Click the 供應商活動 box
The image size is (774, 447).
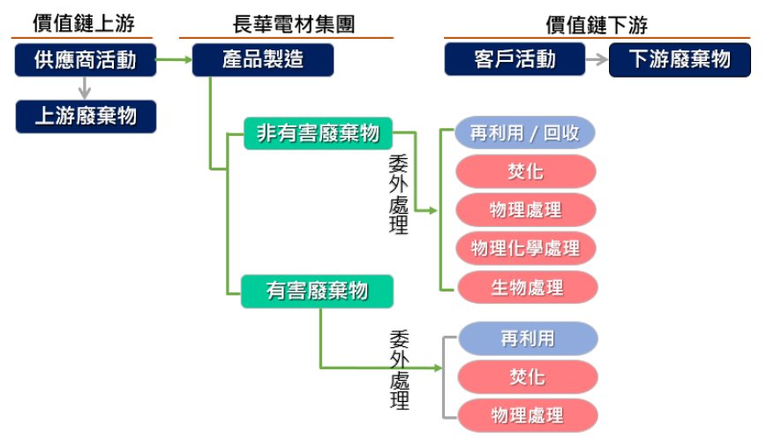click(x=85, y=60)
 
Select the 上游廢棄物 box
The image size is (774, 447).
click(x=85, y=117)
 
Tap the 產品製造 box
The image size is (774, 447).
click(x=262, y=60)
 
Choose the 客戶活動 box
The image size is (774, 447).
click(x=515, y=60)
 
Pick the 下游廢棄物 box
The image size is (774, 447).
click(x=680, y=60)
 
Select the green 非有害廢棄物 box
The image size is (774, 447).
click(x=318, y=133)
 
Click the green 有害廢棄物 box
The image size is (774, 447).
click(x=317, y=291)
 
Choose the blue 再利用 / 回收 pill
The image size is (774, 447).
click(x=525, y=133)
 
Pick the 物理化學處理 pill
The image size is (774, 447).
click(x=526, y=248)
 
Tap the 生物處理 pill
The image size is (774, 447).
click(x=526, y=287)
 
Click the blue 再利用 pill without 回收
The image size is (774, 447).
click(x=528, y=338)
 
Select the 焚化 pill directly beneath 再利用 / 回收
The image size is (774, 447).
click(x=526, y=171)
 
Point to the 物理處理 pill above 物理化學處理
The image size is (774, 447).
click(x=526, y=210)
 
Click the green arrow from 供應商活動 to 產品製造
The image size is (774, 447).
click(x=174, y=60)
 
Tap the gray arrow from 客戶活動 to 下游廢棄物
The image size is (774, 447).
click(x=597, y=60)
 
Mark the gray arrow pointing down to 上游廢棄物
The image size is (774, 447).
click(x=85, y=88)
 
